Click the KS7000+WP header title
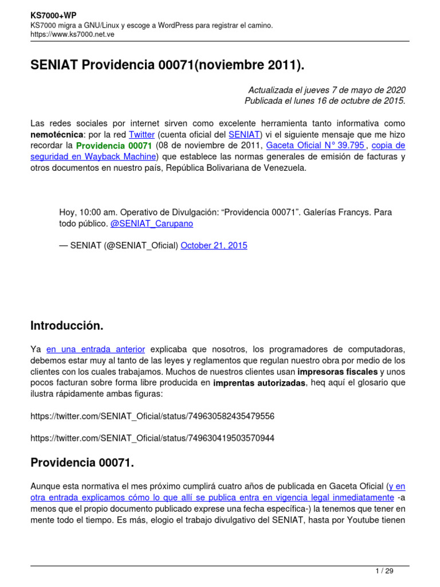coord(53,15)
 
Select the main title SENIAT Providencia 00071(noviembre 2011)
coord(167,66)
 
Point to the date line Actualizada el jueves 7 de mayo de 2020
coord(327,90)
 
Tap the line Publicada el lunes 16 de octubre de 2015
coord(325,101)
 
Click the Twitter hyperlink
coord(142,135)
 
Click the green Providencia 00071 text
coord(114,146)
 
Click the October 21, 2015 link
coord(214,245)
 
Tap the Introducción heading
coord(66,326)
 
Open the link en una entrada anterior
coord(96,349)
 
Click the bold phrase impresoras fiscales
coord(337,371)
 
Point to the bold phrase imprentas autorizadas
coord(260,382)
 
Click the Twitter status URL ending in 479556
coord(152,416)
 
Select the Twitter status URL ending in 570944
coord(152,438)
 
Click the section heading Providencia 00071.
coord(82,463)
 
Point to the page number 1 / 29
coord(384,570)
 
